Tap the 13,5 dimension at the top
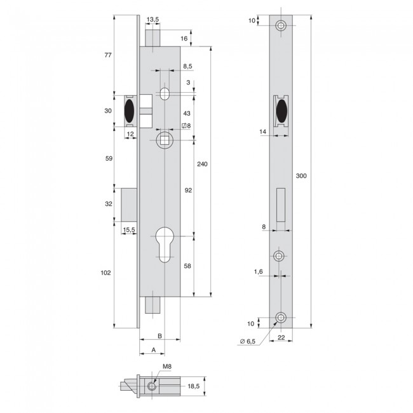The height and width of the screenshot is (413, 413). pos(153,20)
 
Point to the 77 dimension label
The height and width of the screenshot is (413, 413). pos(108,56)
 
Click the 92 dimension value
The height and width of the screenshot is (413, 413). pos(188,190)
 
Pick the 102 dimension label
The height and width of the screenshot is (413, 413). pos(106,273)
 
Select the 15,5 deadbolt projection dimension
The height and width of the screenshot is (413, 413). pos(128,230)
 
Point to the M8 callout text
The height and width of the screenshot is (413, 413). pos(166,367)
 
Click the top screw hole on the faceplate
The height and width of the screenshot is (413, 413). pos(280,26)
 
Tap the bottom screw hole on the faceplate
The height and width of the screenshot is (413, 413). pos(280,317)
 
